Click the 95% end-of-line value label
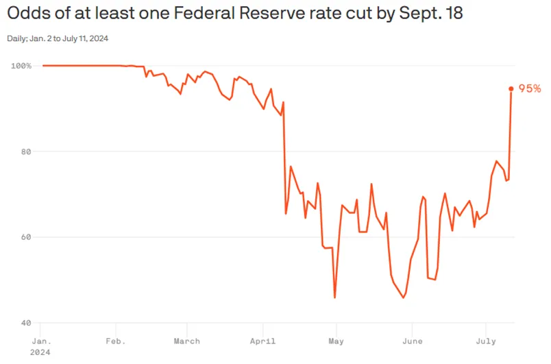[530, 88]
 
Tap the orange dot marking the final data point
[511, 88]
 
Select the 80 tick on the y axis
[25, 151]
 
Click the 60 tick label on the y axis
[25, 237]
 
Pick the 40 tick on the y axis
[25, 323]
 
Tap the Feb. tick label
[115, 341]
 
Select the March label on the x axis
[186, 341]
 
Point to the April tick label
[263, 341]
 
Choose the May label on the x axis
[336, 341]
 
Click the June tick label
[411, 341]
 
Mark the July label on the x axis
[485, 341]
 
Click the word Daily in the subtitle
[19, 38]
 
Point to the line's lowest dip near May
[334, 297]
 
